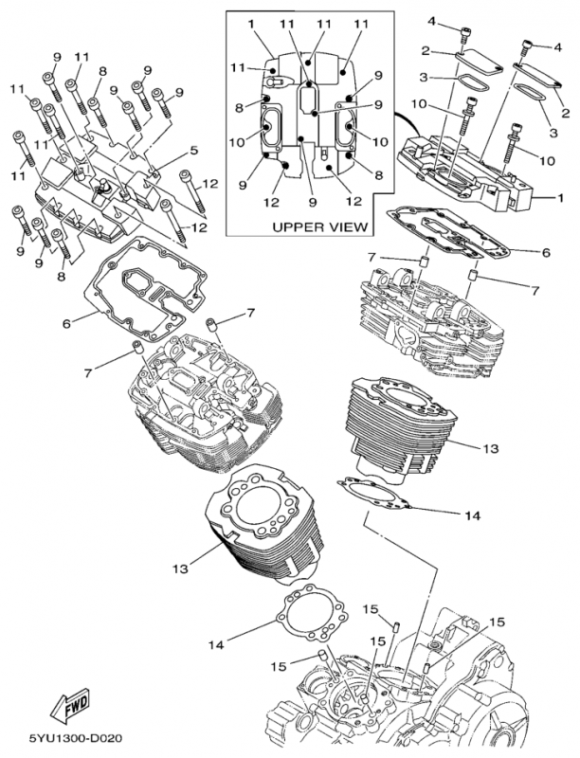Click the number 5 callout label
point(194,151)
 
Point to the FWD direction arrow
point(70,703)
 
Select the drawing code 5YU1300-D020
point(75,738)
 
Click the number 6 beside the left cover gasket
point(66,322)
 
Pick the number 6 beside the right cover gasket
point(546,252)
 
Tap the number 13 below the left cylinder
point(180,569)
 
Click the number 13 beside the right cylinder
point(490,448)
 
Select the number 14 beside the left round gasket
point(216,644)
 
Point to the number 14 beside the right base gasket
point(473,515)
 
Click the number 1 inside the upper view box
point(251,24)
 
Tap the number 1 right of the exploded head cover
point(560,198)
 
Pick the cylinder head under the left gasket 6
point(204,402)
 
